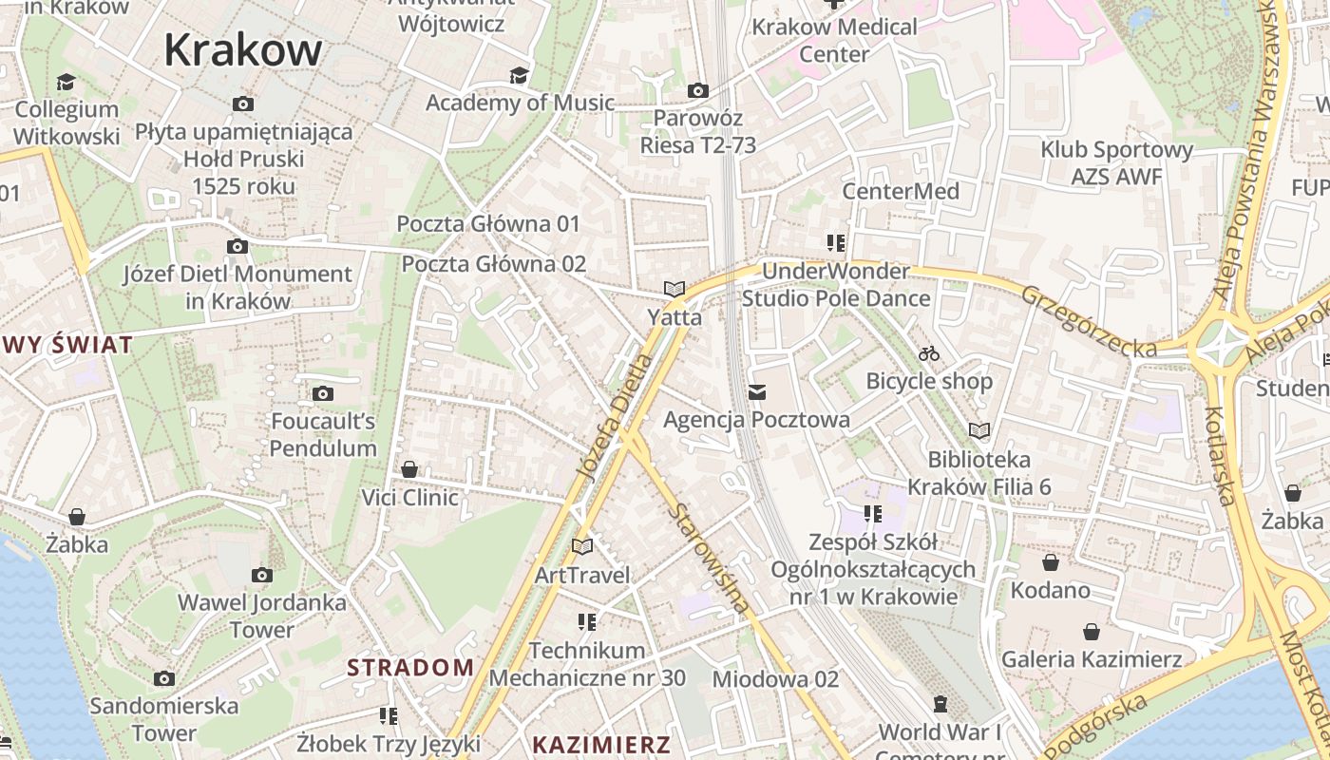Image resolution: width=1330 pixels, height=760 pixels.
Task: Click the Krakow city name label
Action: click(x=242, y=49)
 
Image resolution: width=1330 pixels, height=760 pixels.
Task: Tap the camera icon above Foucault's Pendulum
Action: click(x=323, y=393)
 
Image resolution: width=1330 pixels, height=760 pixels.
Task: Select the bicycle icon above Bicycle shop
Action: click(x=929, y=354)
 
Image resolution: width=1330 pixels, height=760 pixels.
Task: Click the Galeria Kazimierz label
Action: click(x=1092, y=659)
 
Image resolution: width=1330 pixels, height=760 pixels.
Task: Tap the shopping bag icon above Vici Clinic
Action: click(x=409, y=469)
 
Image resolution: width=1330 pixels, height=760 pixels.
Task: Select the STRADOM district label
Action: click(x=410, y=668)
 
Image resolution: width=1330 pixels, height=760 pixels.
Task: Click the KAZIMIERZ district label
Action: click(x=601, y=745)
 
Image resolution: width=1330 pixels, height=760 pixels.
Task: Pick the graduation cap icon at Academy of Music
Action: click(x=519, y=75)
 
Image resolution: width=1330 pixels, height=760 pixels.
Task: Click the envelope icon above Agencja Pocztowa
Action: click(x=757, y=391)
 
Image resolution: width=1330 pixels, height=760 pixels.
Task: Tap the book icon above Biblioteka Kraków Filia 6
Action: click(x=978, y=430)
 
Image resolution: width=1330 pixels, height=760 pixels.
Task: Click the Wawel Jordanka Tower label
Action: click(x=262, y=616)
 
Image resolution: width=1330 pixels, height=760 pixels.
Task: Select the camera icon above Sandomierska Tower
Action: click(x=164, y=678)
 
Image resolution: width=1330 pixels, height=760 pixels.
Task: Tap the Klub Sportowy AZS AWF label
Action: click(x=1116, y=163)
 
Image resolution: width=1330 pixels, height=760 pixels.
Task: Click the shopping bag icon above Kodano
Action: click(x=1050, y=562)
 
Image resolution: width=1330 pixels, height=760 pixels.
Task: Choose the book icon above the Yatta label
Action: click(x=674, y=289)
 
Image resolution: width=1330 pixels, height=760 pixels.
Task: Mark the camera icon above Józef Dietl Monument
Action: click(x=237, y=247)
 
